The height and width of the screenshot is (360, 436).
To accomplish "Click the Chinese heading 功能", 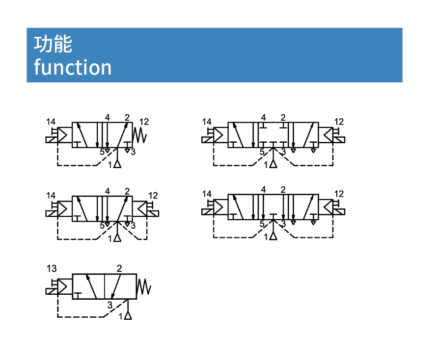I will click(x=53, y=44).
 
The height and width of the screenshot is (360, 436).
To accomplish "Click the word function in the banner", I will click(x=73, y=67).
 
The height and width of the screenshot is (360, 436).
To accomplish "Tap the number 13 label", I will click(x=52, y=268).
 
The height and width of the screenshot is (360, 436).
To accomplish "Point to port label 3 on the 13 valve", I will click(x=109, y=305).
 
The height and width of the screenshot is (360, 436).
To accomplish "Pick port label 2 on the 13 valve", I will click(x=119, y=268).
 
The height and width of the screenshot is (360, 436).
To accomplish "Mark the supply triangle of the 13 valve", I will click(x=128, y=314).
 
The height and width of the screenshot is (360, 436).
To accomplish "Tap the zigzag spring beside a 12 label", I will click(x=140, y=135).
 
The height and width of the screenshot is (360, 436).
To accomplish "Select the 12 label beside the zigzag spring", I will click(x=144, y=121).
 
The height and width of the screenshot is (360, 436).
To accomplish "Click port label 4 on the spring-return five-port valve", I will click(x=107, y=117).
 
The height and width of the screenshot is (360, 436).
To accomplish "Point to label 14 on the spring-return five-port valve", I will click(x=51, y=122).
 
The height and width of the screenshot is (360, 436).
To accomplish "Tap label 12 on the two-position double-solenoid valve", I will click(x=153, y=195).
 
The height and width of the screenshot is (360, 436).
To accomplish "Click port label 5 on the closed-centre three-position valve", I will click(x=262, y=152).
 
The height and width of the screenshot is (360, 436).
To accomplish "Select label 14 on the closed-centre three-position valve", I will click(x=207, y=122).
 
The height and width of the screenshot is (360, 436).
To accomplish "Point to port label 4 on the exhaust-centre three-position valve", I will click(x=264, y=190).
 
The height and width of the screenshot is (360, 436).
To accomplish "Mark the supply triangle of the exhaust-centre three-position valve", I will click(x=273, y=236).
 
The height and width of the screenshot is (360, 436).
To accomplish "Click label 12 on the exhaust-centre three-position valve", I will click(x=339, y=194).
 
